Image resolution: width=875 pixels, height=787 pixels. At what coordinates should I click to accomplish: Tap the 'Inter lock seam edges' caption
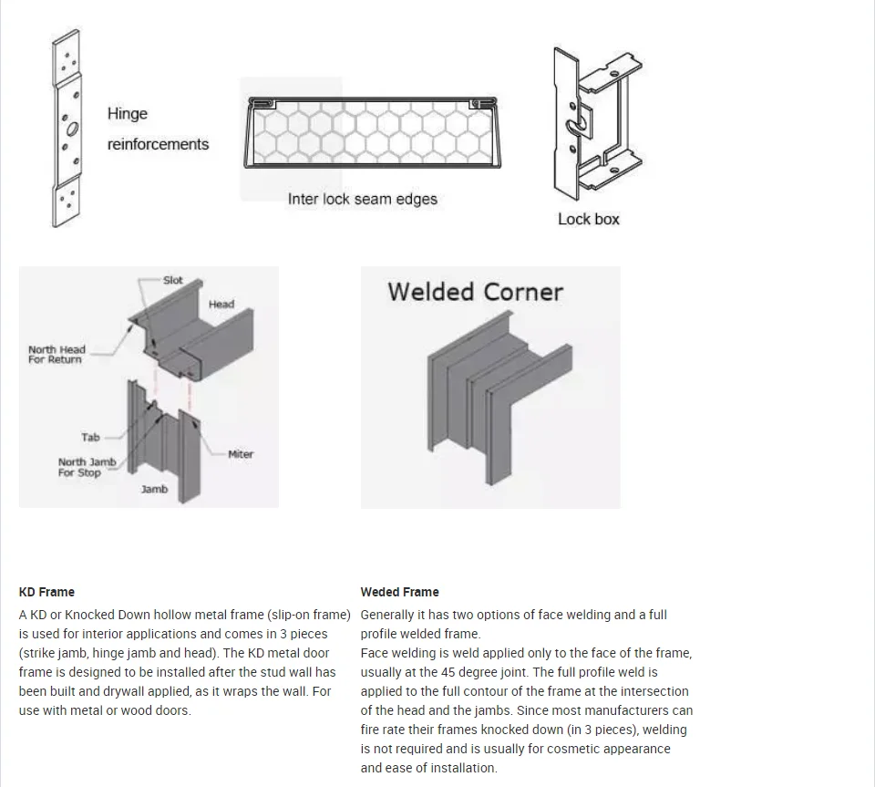[x=362, y=199]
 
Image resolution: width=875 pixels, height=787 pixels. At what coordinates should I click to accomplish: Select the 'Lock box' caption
[x=588, y=219]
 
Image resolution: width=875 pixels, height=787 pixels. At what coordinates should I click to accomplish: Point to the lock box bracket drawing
[x=597, y=123]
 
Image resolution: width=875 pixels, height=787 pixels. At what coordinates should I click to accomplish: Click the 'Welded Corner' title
[x=475, y=292]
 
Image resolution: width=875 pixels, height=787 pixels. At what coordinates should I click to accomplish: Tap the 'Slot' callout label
[x=172, y=280]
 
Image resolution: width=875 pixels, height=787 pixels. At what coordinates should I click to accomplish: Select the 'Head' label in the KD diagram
[x=221, y=304]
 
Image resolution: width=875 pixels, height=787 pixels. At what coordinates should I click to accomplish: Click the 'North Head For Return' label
[x=57, y=355]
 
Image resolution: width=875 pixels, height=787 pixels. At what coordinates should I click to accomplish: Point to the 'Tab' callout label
[x=90, y=438]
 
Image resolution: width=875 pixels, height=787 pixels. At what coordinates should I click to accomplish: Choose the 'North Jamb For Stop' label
[x=87, y=467]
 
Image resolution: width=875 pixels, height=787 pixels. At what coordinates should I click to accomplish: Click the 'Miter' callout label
[x=241, y=454]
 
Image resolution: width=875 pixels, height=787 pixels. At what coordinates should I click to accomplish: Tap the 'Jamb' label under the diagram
[x=154, y=490]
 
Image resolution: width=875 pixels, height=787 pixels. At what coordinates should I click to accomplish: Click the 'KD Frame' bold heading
[x=46, y=592]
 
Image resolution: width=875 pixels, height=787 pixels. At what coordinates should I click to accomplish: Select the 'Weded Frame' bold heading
[x=399, y=592]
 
